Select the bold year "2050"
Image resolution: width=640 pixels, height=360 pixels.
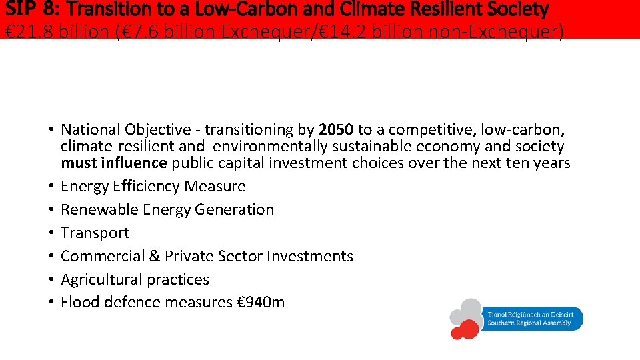click(x=336, y=129)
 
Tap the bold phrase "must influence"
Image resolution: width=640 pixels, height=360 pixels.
click(x=113, y=163)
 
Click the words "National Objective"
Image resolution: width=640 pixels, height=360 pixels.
click(x=129, y=129)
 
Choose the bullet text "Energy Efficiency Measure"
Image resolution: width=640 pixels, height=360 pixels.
click(x=153, y=186)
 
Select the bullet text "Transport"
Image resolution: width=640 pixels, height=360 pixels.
click(x=95, y=233)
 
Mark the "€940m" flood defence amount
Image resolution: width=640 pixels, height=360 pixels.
click(x=261, y=302)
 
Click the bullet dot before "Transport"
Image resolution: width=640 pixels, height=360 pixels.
click(x=51, y=233)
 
